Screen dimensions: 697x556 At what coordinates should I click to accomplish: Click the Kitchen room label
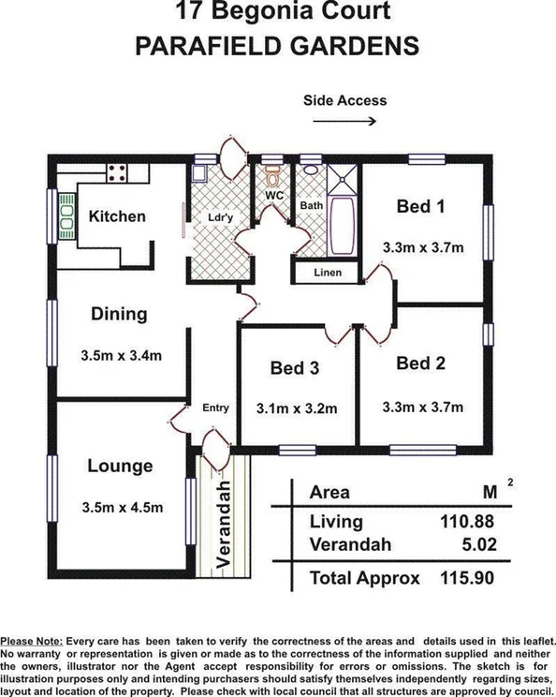click(x=117, y=216)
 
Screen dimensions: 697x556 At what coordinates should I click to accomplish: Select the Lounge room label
click(x=120, y=466)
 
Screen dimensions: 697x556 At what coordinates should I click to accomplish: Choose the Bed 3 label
click(x=295, y=368)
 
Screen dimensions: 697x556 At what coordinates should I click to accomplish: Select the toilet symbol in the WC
click(x=273, y=176)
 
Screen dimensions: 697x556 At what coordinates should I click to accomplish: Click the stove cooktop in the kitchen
click(x=119, y=171)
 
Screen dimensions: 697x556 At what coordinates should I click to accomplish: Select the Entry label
click(x=215, y=408)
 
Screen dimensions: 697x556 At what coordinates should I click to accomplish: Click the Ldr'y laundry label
click(x=221, y=217)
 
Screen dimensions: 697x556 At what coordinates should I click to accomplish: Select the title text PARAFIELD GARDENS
click(x=277, y=47)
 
